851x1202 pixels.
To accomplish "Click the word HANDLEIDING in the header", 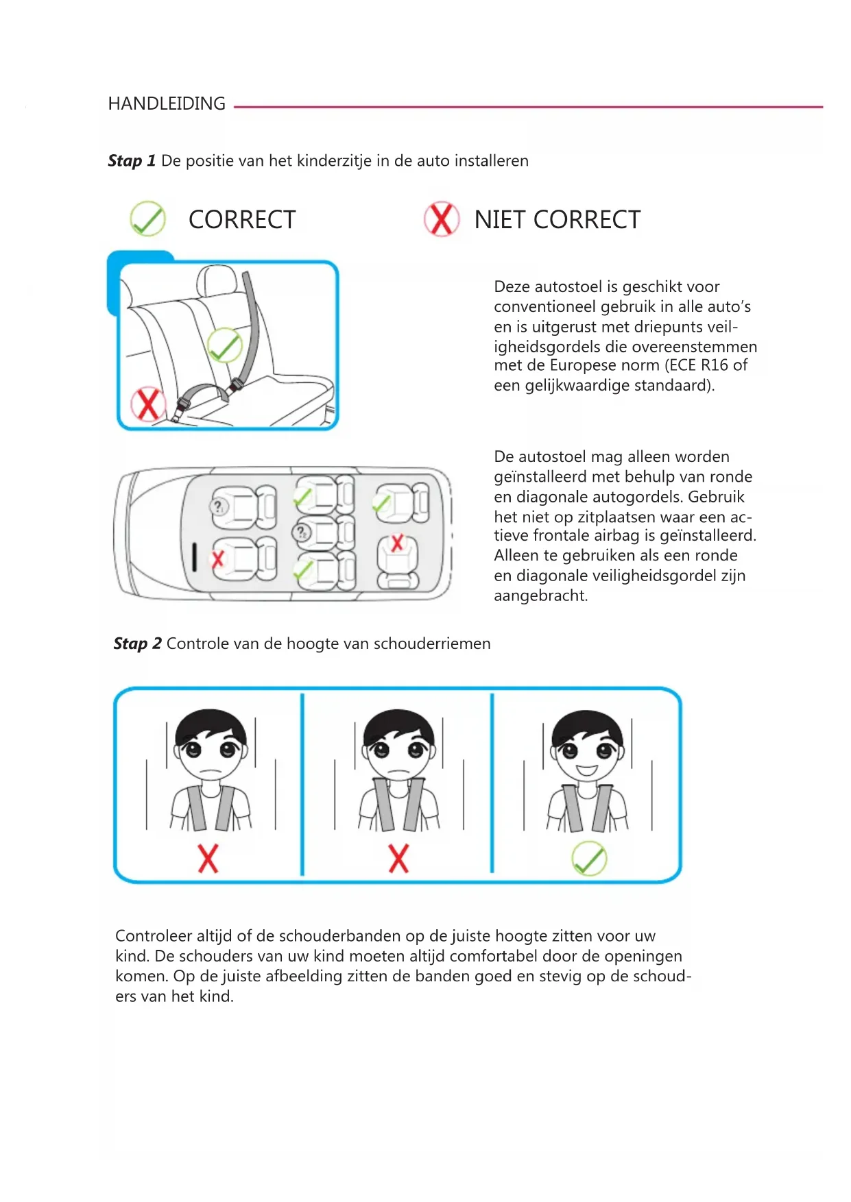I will click(167, 103).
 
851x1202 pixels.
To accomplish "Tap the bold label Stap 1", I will click(132, 161).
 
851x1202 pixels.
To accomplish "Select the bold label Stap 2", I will click(137, 643).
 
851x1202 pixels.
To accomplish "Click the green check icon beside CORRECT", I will click(147, 219).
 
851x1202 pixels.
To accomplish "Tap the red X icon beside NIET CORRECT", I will click(441, 219).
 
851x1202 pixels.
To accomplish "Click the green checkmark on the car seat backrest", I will click(224, 345).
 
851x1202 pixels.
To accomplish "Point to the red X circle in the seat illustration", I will click(148, 404).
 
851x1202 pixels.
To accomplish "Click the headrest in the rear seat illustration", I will click(217, 280).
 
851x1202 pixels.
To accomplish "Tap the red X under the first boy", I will click(208, 859).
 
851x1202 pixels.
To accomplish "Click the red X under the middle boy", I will click(398, 859).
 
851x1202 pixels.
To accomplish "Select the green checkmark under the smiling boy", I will click(589, 859).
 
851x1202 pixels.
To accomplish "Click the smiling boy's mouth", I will click(587, 770).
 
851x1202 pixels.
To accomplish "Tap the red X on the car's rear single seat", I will click(397, 544).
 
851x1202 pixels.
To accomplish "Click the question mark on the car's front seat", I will click(218, 507).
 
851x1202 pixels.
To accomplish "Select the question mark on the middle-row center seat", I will click(301, 532).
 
